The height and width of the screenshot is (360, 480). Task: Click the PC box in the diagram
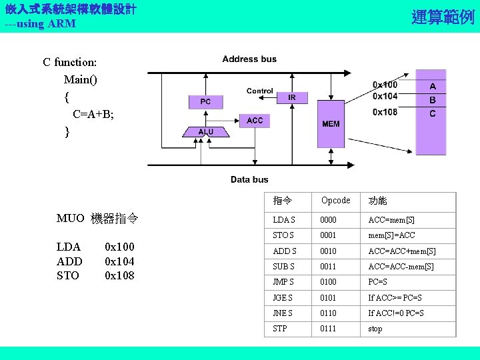[x=205, y=101]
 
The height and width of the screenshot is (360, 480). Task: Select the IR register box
[x=292, y=97]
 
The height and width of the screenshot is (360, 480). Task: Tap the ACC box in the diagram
[x=255, y=120]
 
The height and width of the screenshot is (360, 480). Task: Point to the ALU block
[x=206, y=132]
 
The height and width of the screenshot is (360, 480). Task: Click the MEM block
[x=331, y=123]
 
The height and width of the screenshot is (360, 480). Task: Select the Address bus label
[x=249, y=59]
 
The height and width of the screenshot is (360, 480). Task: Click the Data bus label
[x=249, y=179]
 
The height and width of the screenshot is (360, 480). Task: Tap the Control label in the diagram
[x=259, y=91]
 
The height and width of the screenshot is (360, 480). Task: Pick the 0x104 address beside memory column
[x=385, y=98]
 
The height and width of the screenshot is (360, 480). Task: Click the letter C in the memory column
[x=432, y=113]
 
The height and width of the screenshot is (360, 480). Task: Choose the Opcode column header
[x=335, y=201]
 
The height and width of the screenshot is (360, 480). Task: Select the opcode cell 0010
[x=328, y=251]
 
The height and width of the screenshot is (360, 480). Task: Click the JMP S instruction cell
[x=283, y=282]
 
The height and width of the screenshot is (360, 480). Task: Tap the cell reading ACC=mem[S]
[x=391, y=220]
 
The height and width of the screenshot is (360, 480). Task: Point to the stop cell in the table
[x=375, y=329]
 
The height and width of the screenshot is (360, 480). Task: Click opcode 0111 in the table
[x=328, y=329]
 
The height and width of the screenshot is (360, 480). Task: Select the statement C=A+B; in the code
[x=93, y=114]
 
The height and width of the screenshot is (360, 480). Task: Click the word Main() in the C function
[x=80, y=79]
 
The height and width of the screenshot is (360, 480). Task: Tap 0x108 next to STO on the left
[x=119, y=275]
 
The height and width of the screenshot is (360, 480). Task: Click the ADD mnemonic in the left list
[x=69, y=261]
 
